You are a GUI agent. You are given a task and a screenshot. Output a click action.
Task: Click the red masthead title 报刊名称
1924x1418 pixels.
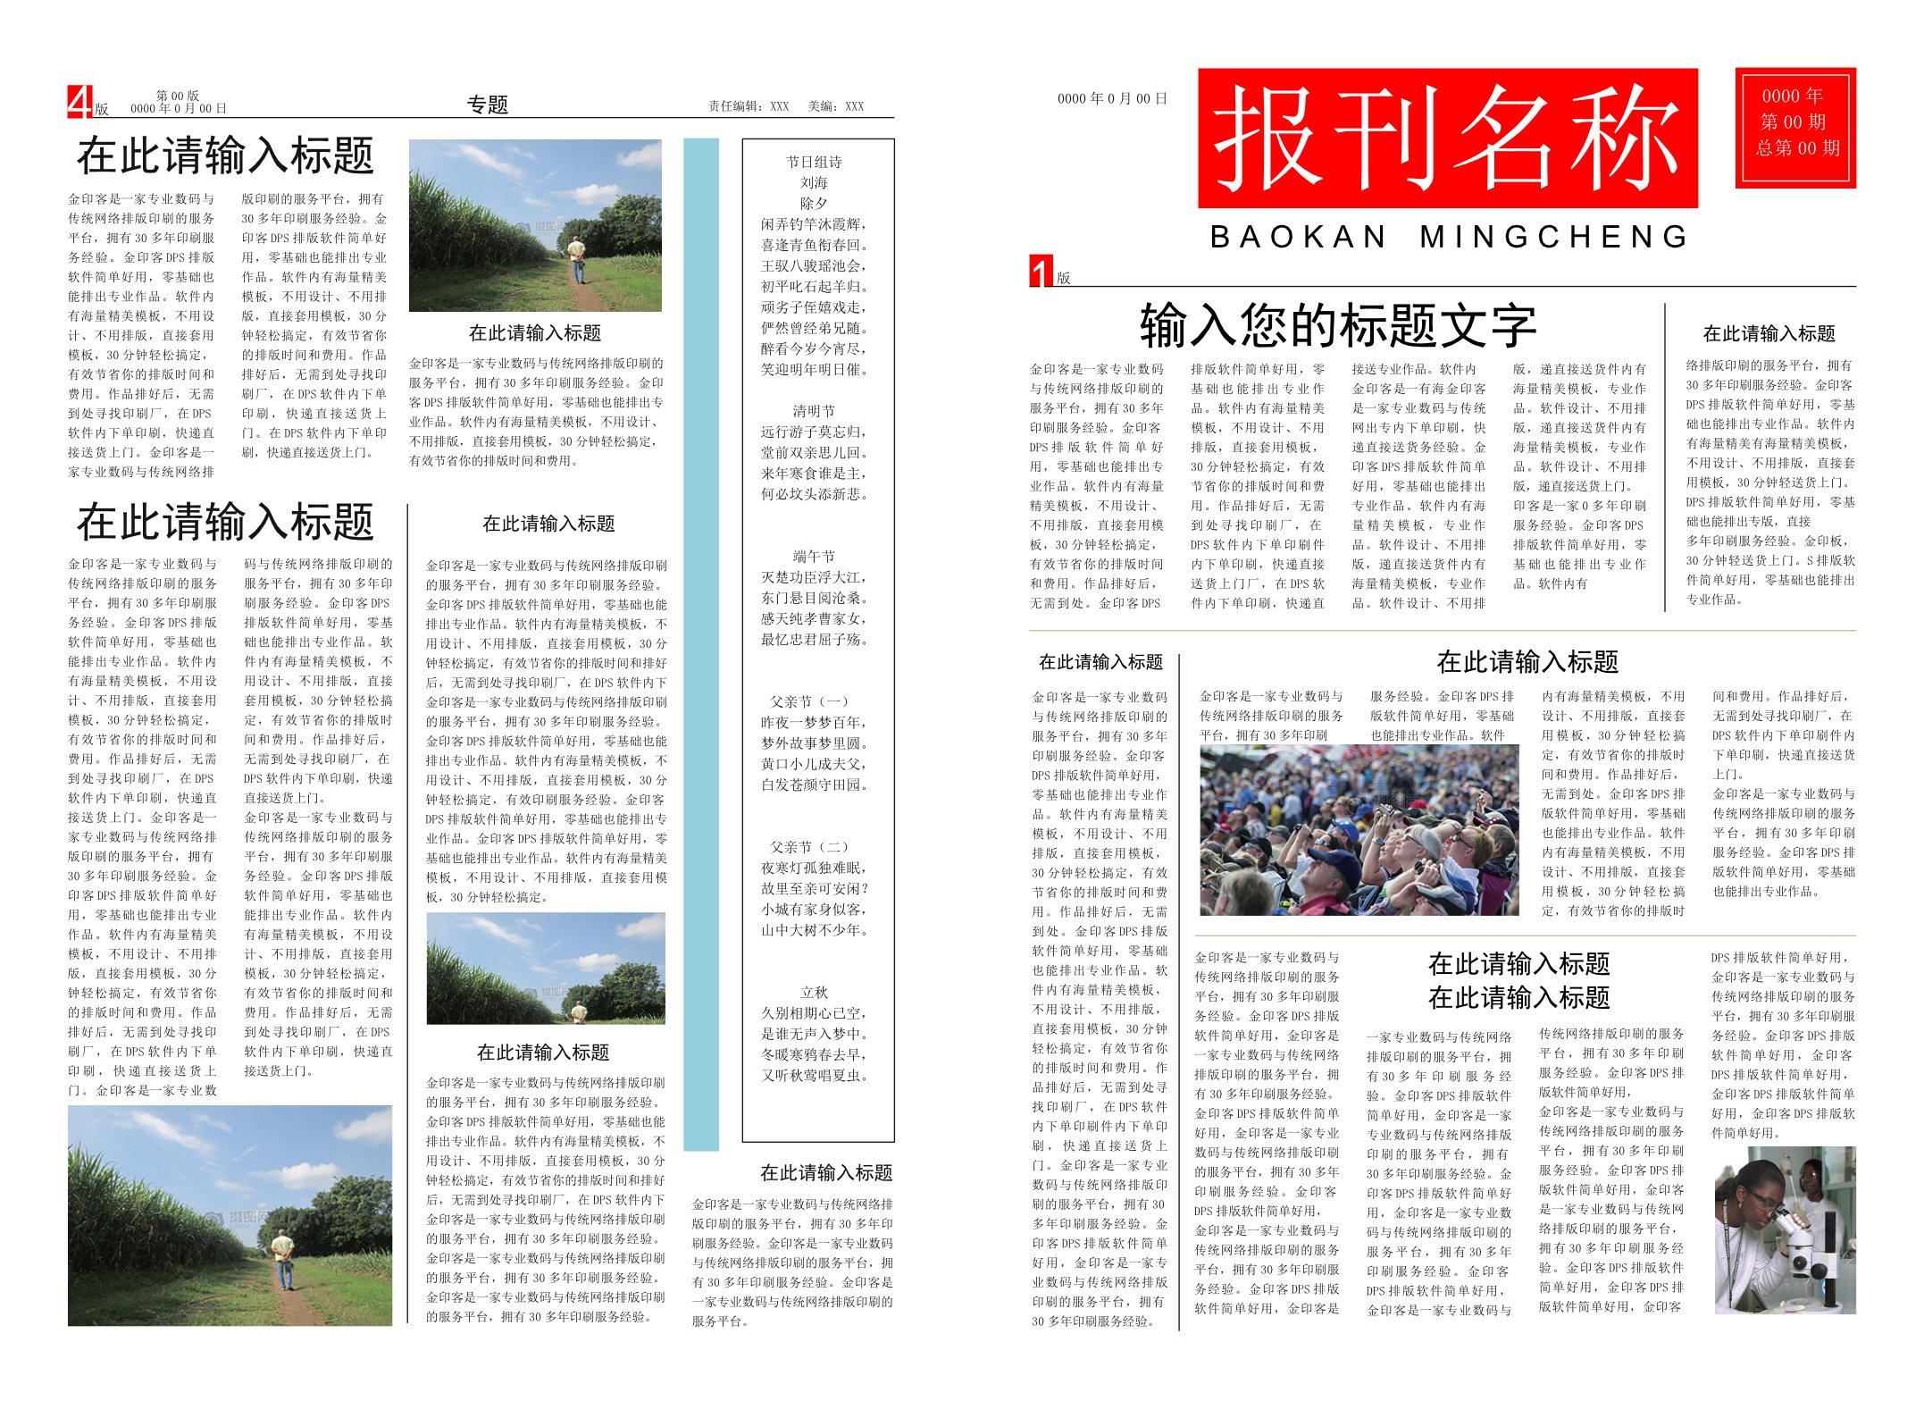pyautogui.click(x=1446, y=138)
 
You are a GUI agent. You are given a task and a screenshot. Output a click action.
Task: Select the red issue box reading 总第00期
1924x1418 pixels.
pyautogui.click(x=1795, y=127)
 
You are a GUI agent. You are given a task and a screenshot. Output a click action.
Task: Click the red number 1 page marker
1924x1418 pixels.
pyautogui.click(x=1041, y=271)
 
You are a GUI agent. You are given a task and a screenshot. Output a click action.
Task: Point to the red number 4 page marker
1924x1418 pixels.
pyautogui.click(x=79, y=102)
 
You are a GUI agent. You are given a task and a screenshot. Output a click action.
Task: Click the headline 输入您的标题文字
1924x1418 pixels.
pyautogui.click(x=1337, y=325)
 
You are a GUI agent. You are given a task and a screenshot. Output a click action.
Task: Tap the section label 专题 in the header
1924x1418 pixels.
pyautogui.click(x=488, y=105)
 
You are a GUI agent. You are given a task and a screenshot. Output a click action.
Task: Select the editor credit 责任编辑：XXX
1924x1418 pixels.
pyautogui.click(x=749, y=106)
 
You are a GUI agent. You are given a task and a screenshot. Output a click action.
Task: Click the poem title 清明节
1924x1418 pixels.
pyautogui.click(x=814, y=411)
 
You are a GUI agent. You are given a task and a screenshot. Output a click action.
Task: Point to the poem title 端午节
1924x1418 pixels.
pyautogui.click(x=814, y=556)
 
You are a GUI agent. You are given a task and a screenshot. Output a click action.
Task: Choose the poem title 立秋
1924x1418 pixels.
pyautogui.click(x=814, y=993)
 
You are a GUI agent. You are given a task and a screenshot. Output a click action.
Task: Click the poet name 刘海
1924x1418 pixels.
pyautogui.click(x=814, y=182)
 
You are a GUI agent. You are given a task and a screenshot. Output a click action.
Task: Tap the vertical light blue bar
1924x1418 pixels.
pyautogui.click(x=701, y=643)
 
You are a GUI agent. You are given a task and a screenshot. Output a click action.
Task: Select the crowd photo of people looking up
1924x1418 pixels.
pyautogui.click(x=1359, y=830)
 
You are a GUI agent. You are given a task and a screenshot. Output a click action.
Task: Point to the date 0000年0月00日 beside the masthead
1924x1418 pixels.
pyautogui.click(x=1112, y=99)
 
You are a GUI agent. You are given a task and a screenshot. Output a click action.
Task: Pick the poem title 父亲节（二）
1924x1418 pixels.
pyautogui.click(x=809, y=847)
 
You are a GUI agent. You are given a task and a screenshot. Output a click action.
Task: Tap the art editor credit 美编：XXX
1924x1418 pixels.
pyautogui.click(x=836, y=106)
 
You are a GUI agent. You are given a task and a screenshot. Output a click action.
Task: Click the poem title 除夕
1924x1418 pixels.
pyautogui.click(x=814, y=203)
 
